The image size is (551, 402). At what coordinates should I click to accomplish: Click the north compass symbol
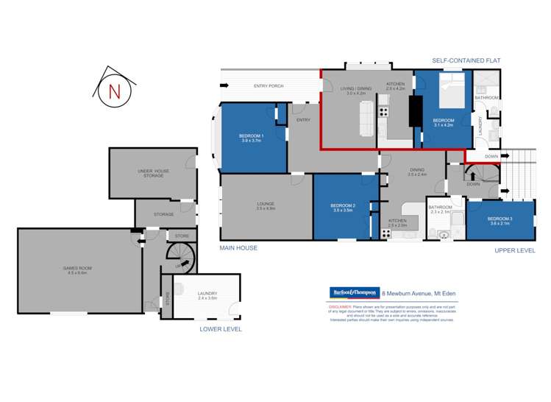point(113,91)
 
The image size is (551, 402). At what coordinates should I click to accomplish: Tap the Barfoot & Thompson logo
point(354,293)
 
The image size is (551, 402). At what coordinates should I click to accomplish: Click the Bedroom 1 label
point(252,138)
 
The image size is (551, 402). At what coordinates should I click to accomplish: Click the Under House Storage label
point(153,173)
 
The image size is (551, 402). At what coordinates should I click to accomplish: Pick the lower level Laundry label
point(207,295)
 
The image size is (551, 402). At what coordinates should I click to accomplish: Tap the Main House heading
point(238,248)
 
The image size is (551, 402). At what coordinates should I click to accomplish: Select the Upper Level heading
point(515,250)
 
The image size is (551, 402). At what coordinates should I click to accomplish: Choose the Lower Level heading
point(221,329)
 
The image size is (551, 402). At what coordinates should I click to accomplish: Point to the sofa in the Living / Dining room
point(365,117)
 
